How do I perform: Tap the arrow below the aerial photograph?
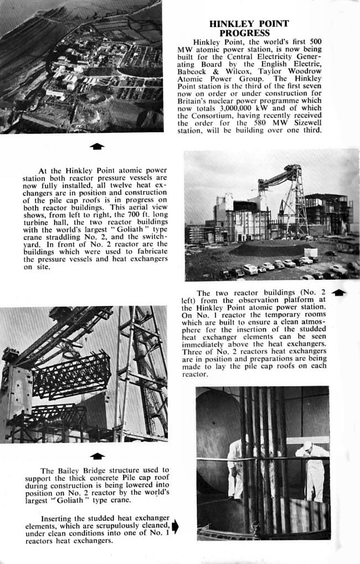point(97,146)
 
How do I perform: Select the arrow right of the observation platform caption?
point(340,292)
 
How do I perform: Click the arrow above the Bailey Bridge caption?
point(97,455)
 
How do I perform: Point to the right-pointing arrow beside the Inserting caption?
point(175,526)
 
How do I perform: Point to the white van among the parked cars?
point(250,269)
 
